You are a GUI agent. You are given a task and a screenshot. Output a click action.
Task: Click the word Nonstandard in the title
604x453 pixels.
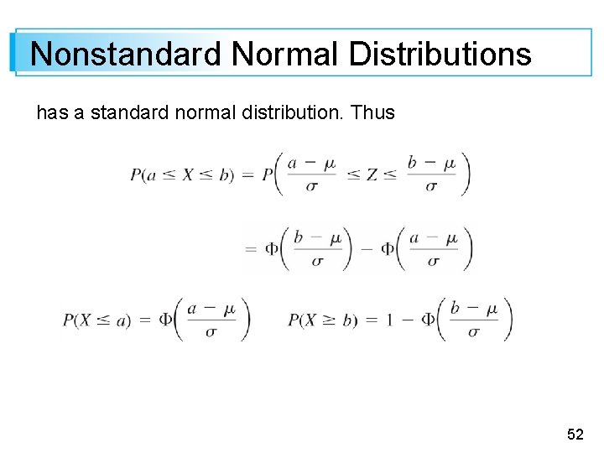[126, 55]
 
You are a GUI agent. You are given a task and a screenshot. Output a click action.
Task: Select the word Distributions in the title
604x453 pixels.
[440, 55]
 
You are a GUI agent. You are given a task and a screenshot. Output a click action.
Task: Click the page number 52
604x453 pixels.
[575, 434]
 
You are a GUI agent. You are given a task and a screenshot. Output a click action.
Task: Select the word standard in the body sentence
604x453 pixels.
[125, 112]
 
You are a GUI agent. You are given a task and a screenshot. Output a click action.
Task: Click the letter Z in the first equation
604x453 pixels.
[371, 174]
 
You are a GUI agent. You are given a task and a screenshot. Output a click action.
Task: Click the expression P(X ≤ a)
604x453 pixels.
[96, 320]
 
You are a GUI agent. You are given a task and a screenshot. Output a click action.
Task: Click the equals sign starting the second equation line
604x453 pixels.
[250, 247]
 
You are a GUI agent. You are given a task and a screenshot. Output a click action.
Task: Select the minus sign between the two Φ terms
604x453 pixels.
[365, 247]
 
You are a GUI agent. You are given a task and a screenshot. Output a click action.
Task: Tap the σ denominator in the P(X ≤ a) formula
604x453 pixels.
[211, 331]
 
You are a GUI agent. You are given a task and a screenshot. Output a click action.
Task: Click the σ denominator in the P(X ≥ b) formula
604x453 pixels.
[473, 331]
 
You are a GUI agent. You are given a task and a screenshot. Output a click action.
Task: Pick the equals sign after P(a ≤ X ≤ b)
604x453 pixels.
[248, 174]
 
